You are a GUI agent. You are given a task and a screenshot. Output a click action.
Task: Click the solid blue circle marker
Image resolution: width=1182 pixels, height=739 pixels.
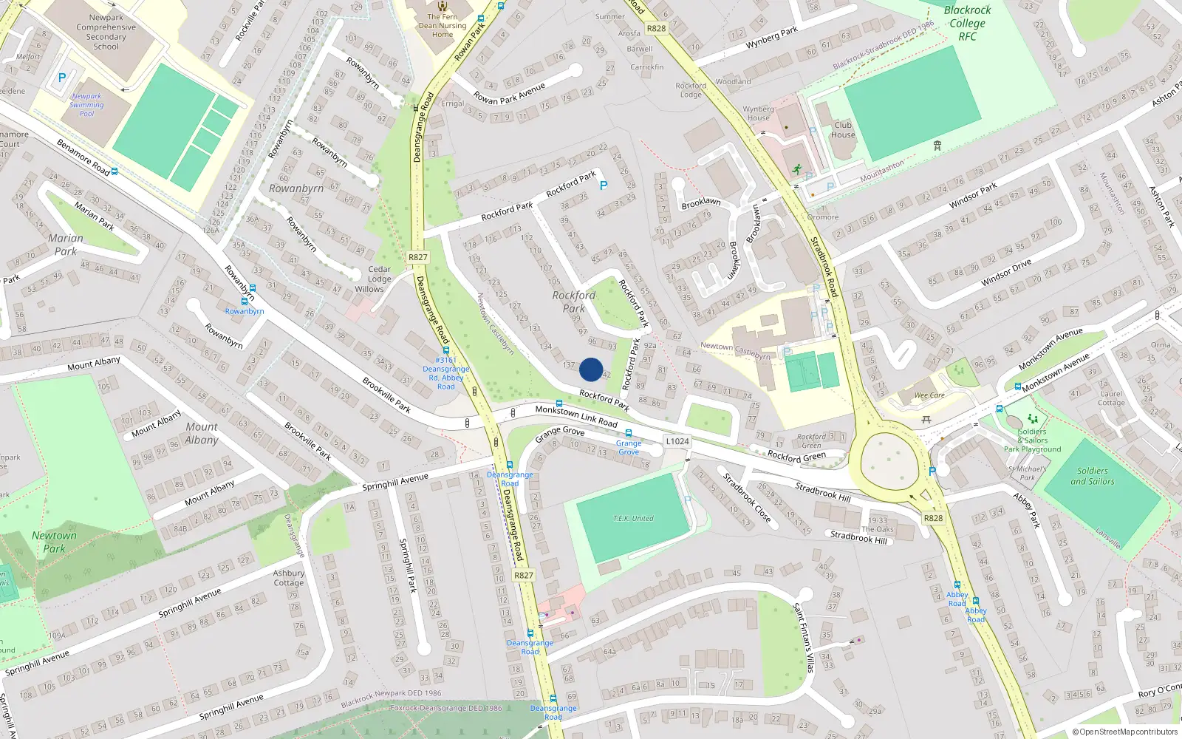(591, 369)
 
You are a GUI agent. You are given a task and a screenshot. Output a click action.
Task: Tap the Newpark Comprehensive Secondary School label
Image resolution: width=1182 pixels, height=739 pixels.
(106, 32)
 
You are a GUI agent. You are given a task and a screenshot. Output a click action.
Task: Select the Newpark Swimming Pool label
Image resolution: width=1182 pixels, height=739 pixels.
(87, 105)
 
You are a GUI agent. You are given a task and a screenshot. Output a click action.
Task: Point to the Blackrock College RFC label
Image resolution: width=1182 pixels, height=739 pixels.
(967, 23)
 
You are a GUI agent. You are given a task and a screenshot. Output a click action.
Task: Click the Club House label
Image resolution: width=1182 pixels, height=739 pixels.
(843, 129)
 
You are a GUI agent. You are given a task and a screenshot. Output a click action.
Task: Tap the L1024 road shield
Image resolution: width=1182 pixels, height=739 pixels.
(677, 441)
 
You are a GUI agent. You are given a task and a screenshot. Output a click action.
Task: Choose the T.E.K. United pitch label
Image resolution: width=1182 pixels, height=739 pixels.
(633, 519)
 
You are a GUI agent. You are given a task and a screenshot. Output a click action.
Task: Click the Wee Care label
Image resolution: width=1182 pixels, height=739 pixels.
(929, 395)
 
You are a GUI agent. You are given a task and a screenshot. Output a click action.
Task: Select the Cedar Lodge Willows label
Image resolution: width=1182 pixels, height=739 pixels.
(379, 279)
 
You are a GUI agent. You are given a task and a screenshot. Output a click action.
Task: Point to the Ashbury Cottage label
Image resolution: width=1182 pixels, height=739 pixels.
(289, 578)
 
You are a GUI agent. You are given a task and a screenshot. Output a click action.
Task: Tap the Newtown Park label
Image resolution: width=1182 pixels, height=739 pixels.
(54, 542)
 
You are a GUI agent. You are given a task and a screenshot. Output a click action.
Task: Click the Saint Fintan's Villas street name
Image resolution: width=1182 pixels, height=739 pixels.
(803, 638)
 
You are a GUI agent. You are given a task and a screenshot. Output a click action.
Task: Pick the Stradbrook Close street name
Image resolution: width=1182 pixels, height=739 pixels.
(747, 498)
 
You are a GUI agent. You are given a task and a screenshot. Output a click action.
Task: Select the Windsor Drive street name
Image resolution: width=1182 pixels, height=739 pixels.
(1005, 273)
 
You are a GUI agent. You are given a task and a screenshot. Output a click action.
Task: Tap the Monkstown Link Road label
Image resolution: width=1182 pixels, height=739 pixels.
(576, 416)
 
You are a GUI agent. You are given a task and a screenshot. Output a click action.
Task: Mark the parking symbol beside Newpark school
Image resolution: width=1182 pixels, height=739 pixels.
(62, 78)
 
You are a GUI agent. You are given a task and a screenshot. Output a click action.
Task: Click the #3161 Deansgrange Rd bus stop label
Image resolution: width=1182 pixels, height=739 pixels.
(446, 373)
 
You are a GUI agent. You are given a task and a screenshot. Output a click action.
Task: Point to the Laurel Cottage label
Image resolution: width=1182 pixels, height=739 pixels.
(1111, 398)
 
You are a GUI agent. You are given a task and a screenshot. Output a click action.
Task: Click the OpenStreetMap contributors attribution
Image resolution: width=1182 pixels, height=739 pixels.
(1125, 732)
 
